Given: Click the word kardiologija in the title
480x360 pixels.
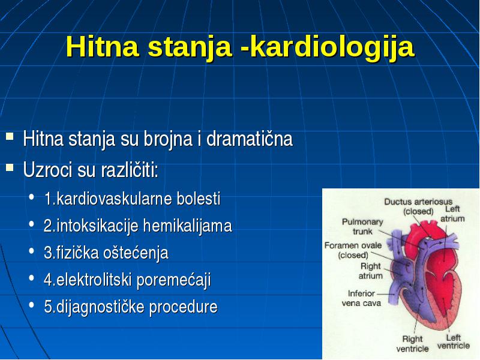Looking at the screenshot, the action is pyautogui.click(x=332, y=47).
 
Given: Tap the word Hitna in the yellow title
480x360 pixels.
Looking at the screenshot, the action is pyautogui.click(x=102, y=46).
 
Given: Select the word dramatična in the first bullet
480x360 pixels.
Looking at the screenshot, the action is pyautogui.click(x=250, y=139).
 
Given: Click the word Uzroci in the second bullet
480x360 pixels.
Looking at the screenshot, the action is pyautogui.click(x=47, y=169).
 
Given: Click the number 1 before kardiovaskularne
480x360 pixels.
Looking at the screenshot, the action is pyautogui.click(x=48, y=199).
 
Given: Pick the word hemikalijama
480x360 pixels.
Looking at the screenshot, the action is pyautogui.click(x=187, y=226).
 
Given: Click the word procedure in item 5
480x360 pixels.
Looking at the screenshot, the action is pyautogui.click(x=184, y=307).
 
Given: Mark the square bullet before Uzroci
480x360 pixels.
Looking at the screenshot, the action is pyautogui.click(x=10, y=167).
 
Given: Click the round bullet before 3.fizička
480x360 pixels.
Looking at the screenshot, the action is pyautogui.click(x=32, y=251).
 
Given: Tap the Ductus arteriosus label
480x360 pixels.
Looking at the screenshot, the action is pyautogui.click(x=418, y=206).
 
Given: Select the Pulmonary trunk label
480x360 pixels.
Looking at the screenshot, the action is pyautogui.click(x=362, y=226).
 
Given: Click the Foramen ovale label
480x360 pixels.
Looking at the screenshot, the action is pyautogui.click(x=353, y=250).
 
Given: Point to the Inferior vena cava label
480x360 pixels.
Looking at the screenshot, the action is pyautogui.click(x=361, y=298).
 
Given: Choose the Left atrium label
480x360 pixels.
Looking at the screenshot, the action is pyautogui.click(x=452, y=214).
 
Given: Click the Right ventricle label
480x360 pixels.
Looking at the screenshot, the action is pyautogui.click(x=412, y=343).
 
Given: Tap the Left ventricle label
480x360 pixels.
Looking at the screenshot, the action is pyautogui.click(x=454, y=341).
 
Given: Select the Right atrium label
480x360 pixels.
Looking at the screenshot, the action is pyautogui.click(x=370, y=271).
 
